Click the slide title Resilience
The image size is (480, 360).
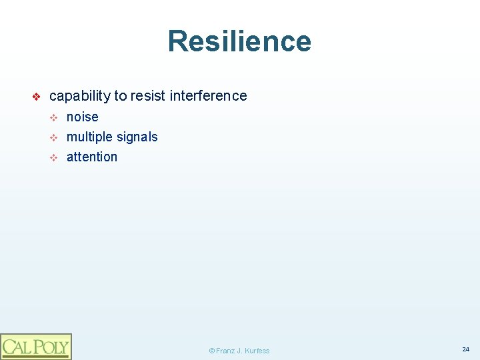click(x=239, y=41)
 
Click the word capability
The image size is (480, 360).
click(x=80, y=96)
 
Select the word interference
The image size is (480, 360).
click(x=208, y=96)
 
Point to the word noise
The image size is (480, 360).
click(x=83, y=117)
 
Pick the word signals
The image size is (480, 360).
click(x=137, y=137)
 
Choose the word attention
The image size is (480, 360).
click(x=92, y=157)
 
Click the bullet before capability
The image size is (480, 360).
click(x=37, y=97)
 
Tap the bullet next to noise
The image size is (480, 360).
click(x=55, y=118)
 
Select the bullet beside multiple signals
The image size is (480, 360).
click(x=55, y=138)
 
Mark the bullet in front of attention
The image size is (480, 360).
click(x=55, y=158)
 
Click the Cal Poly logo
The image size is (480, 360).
click(x=35, y=346)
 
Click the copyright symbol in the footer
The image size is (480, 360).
click(x=211, y=351)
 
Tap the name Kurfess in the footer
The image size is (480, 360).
click(x=257, y=351)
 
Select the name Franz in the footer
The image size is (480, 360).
click(x=225, y=351)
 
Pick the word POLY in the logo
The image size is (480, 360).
click(x=49, y=347)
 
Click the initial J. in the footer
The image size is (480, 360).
click(x=239, y=351)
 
